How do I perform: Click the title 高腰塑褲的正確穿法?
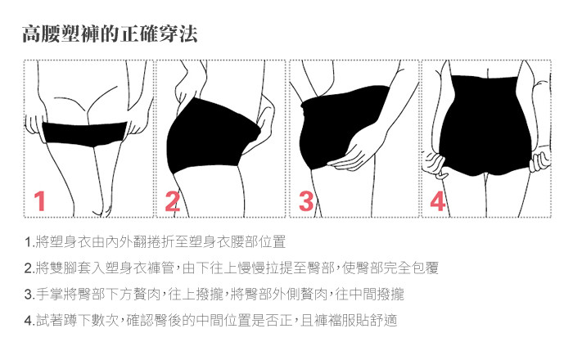tap(110, 34)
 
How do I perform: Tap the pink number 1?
tap(40, 201)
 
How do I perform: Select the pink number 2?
tap(173, 201)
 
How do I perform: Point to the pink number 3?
tap(306, 201)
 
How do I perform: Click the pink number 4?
tap(438, 201)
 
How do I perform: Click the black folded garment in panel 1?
tap(85, 134)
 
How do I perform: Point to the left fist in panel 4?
tap(434, 165)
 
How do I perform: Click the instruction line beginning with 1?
tap(155, 242)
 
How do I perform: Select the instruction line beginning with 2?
tap(232, 268)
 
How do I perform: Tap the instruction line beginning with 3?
tap(214, 295)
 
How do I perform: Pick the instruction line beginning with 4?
tap(210, 321)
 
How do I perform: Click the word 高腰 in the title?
tap(41, 34)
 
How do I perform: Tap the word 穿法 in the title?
tap(179, 34)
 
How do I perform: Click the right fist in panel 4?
tap(539, 160)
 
